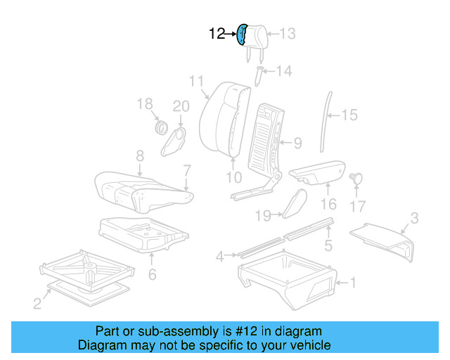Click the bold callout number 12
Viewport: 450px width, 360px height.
pos(217,33)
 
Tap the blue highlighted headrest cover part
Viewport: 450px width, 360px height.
pos(243,34)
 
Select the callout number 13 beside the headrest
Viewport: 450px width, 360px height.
pos(288,33)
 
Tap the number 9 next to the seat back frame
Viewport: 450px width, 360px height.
pos(297,143)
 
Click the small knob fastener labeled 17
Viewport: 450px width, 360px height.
pos(356,178)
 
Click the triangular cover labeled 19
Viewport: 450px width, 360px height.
pos(292,203)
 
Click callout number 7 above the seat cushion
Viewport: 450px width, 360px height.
pos(187,169)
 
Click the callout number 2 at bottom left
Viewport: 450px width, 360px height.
pos(37,304)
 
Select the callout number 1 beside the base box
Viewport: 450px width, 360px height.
pos(353,283)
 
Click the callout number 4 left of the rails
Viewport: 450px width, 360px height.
pos(219,257)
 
